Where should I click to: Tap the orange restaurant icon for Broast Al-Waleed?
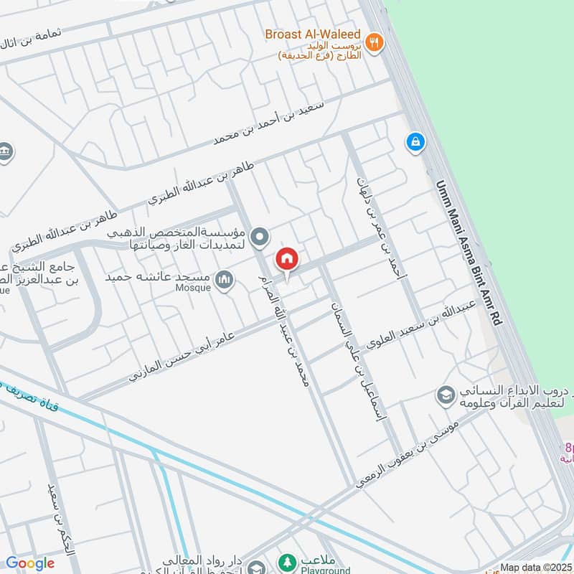[373, 42]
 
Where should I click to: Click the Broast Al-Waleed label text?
[314, 34]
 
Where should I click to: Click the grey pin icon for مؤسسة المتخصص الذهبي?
[261, 236]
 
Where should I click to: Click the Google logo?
[30, 563]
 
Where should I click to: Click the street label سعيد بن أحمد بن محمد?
[268, 123]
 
